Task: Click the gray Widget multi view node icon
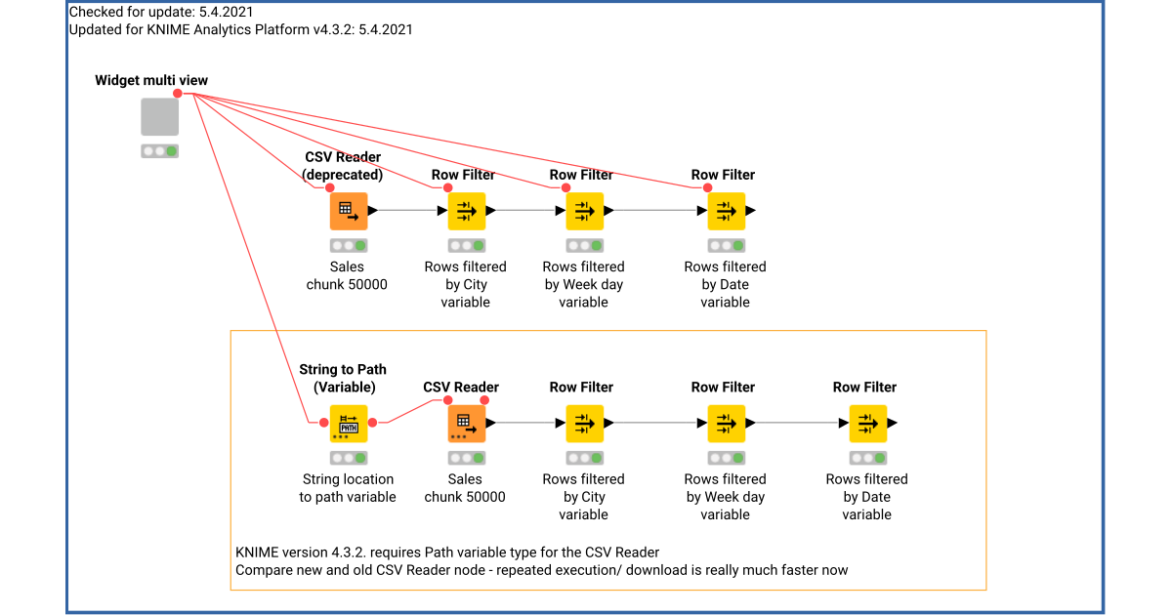(159, 116)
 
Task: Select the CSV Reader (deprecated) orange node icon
(348, 211)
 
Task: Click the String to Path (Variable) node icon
(348, 424)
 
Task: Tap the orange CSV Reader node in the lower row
(466, 424)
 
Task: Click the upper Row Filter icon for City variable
(466, 211)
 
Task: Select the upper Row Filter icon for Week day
(584, 211)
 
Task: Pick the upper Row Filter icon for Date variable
(726, 211)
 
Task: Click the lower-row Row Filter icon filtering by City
(584, 424)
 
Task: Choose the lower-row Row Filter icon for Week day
(726, 424)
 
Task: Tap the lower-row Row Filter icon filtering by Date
(867, 424)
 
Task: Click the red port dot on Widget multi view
(178, 94)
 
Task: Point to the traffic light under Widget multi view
(159, 151)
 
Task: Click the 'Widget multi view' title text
(151, 80)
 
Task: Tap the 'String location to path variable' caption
(348, 488)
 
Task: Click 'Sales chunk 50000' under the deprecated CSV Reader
(347, 275)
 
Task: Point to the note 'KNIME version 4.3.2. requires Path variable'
(447, 553)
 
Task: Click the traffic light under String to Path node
(348, 458)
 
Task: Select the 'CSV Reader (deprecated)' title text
(343, 166)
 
